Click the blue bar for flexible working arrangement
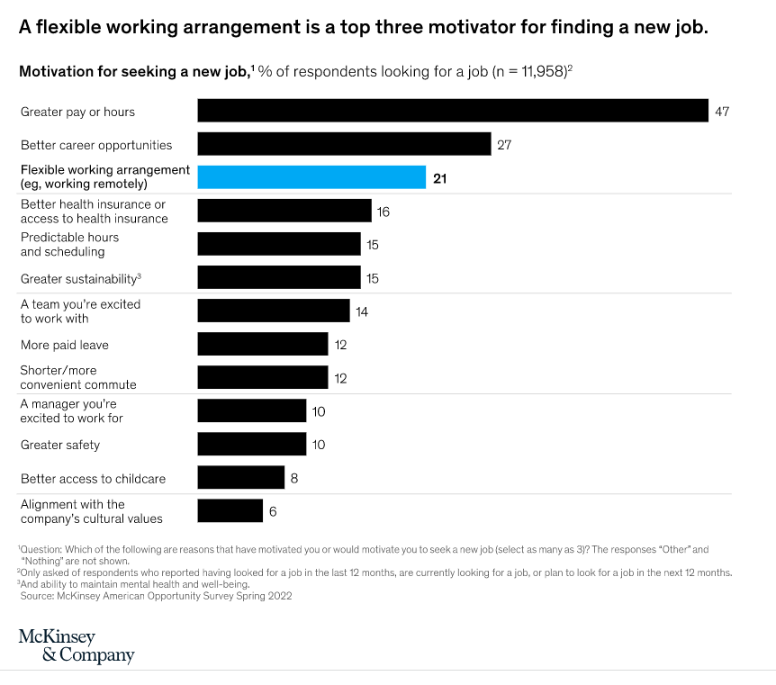point(311,177)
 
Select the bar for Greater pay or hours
point(453,111)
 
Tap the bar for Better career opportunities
point(344,144)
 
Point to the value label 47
point(721,112)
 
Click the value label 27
point(504,145)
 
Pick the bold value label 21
point(439,178)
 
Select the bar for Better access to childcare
point(241,478)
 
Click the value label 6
point(273,511)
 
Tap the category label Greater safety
point(60,445)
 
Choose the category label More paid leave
point(65,345)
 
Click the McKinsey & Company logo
point(77,646)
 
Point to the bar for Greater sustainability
point(279,278)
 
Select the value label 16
point(383,212)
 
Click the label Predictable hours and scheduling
point(70,245)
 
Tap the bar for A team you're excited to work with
point(274,311)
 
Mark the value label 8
point(293,478)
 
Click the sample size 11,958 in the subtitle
point(536,71)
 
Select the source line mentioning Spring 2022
point(156,595)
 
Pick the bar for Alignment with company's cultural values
point(230,511)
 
